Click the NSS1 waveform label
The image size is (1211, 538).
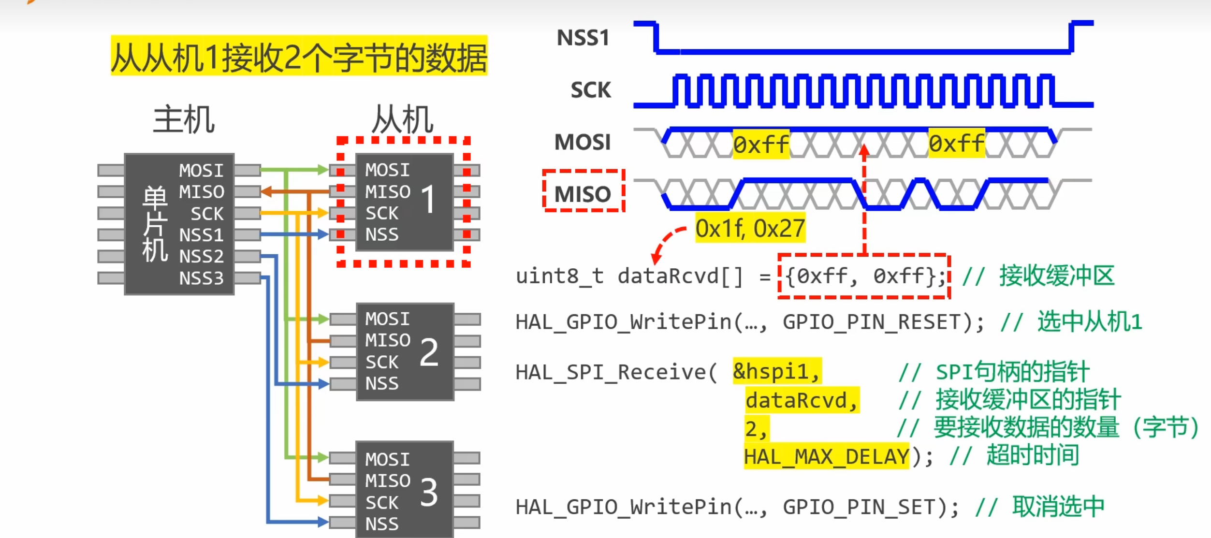[583, 38]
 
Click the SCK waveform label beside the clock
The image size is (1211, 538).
[590, 90]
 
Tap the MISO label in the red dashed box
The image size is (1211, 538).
[583, 194]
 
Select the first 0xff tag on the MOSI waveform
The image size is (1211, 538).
[761, 144]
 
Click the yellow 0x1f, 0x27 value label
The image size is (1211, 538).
[750, 228]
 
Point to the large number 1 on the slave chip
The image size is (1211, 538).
[428, 199]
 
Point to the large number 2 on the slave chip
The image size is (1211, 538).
[429, 352]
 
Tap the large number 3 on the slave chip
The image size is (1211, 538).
[428, 493]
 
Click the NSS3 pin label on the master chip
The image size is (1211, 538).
[201, 278]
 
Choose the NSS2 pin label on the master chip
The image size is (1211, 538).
[201, 256]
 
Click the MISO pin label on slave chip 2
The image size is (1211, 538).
[388, 340]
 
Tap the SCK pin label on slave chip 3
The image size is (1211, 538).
[382, 503]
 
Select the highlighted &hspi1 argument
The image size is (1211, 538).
[776, 372]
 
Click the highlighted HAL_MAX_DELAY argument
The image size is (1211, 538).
[826, 457]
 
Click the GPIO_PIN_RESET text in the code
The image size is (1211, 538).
[872, 322]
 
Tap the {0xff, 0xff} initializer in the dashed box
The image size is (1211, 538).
[864, 276]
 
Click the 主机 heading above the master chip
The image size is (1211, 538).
[184, 120]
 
